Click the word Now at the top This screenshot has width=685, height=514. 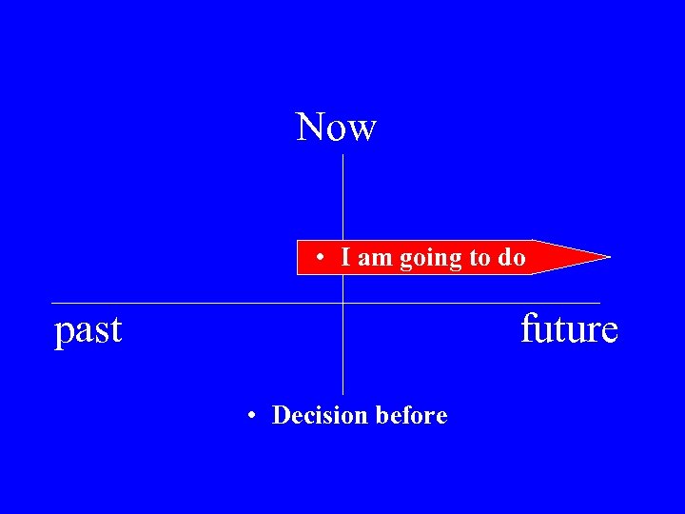tap(337, 127)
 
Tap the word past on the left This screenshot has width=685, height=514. tap(88, 330)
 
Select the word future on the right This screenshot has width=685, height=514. tap(569, 329)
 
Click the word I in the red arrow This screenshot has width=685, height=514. tap(347, 257)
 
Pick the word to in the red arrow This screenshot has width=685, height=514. tap(481, 258)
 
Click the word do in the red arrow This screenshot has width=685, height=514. tap(512, 257)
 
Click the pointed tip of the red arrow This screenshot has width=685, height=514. tap(608, 256)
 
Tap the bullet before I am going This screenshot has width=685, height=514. tap(324, 258)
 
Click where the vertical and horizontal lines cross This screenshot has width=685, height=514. tap(342, 303)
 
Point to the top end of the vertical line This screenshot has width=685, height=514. tap(342, 155)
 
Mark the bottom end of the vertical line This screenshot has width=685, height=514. tap(342, 393)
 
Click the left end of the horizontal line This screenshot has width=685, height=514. tap(51, 303)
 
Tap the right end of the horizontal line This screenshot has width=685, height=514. tap(600, 303)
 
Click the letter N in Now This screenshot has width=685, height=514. tap(310, 127)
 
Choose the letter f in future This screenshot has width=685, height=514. tap(527, 328)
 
